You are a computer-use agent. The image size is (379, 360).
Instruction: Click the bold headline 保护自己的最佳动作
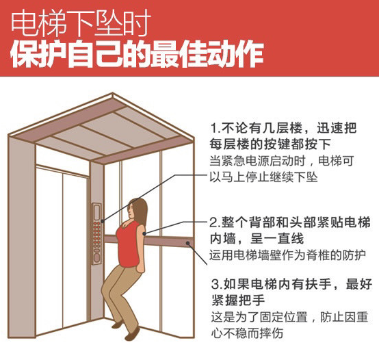point(137,55)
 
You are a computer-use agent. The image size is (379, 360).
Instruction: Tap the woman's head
point(137,209)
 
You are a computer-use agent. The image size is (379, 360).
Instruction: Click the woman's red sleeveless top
point(129,244)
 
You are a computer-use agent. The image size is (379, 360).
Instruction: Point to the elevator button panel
point(96,233)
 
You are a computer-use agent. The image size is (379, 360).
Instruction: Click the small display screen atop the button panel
point(97,212)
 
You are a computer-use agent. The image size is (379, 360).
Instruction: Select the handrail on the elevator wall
point(148,240)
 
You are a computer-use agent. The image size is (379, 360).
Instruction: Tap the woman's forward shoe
point(132,334)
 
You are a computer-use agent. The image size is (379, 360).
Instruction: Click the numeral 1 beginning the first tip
point(213,128)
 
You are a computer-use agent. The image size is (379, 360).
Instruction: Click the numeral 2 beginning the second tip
point(213,222)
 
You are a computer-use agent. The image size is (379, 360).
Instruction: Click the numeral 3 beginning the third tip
point(215,284)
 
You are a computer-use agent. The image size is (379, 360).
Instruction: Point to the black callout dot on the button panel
point(103,221)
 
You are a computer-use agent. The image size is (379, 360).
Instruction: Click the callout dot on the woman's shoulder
point(144,233)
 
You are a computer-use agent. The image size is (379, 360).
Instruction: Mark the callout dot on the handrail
point(187,243)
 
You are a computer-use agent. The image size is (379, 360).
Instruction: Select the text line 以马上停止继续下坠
point(263,177)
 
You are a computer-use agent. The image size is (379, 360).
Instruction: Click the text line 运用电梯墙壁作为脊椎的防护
point(287,255)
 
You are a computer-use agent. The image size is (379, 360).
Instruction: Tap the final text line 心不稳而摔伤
point(247,333)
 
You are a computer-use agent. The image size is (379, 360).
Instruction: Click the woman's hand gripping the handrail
point(140,268)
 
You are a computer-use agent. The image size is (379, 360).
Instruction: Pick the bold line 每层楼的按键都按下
point(270,144)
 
